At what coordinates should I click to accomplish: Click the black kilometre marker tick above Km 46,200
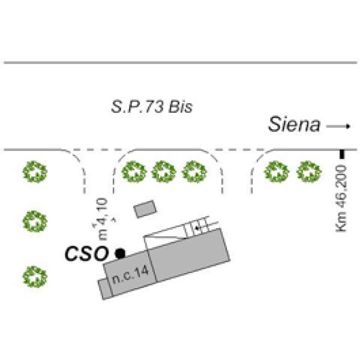[342, 154]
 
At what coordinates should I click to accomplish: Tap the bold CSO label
[86, 253]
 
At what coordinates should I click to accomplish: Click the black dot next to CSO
[120, 253]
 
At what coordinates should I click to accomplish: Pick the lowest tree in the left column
[34, 277]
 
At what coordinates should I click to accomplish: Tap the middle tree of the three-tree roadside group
[164, 172]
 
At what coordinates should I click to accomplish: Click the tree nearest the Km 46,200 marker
[307, 172]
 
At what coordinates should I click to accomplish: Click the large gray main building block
[186, 255]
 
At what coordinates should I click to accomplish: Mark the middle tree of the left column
[34, 222]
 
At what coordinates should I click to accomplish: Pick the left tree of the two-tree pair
[276, 172]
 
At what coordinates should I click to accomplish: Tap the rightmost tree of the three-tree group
[194, 172]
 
